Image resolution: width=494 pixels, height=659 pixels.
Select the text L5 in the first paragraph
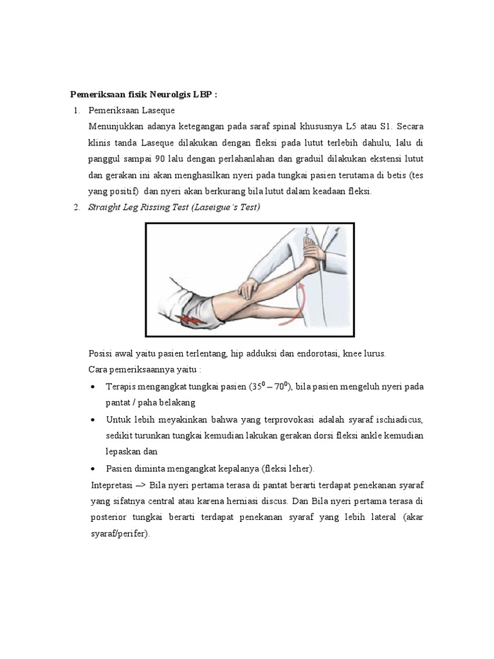point(372,125)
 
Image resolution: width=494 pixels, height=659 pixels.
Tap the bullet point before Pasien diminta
point(94,468)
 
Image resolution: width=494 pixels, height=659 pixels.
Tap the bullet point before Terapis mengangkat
point(94,387)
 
